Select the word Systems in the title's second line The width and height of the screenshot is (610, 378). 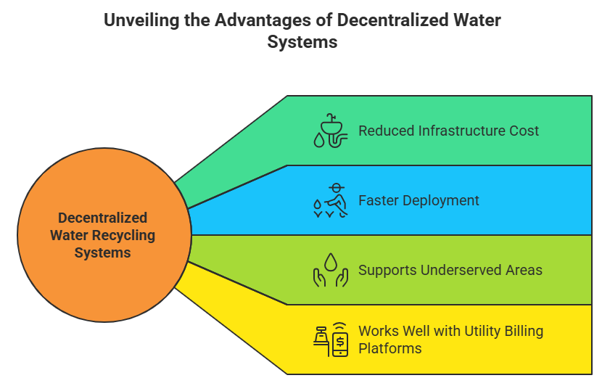click(x=302, y=41)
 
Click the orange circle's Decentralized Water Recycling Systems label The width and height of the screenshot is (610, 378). click(x=102, y=235)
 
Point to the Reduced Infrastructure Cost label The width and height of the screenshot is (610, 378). click(x=448, y=131)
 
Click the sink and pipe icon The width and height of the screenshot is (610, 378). click(x=331, y=131)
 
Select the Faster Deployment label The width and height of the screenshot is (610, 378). click(x=419, y=200)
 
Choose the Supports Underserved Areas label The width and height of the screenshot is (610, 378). click(x=450, y=270)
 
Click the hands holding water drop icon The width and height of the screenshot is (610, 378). click(x=331, y=270)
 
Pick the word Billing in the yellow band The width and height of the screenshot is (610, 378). click(x=519, y=332)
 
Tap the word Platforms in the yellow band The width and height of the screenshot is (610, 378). click(x=390, y=348)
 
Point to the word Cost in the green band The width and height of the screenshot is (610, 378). click(x=523, y=131)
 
